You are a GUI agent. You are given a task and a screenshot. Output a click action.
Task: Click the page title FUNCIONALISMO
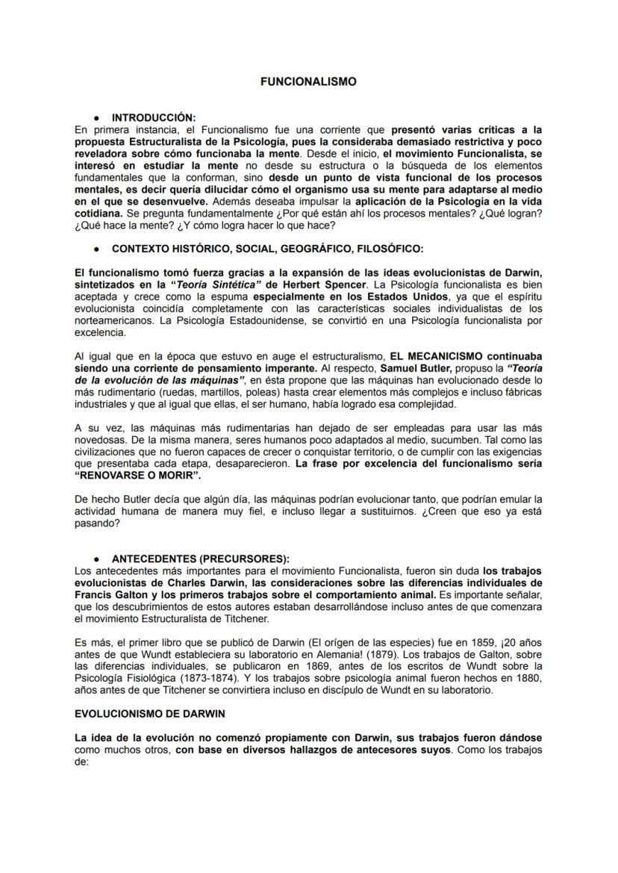(308, 82)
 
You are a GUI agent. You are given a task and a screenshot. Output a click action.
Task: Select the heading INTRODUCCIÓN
(153, 118)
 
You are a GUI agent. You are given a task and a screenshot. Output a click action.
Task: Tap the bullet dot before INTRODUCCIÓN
(96, 118)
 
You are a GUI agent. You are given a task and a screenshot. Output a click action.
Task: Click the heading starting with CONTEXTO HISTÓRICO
(266, 248)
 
